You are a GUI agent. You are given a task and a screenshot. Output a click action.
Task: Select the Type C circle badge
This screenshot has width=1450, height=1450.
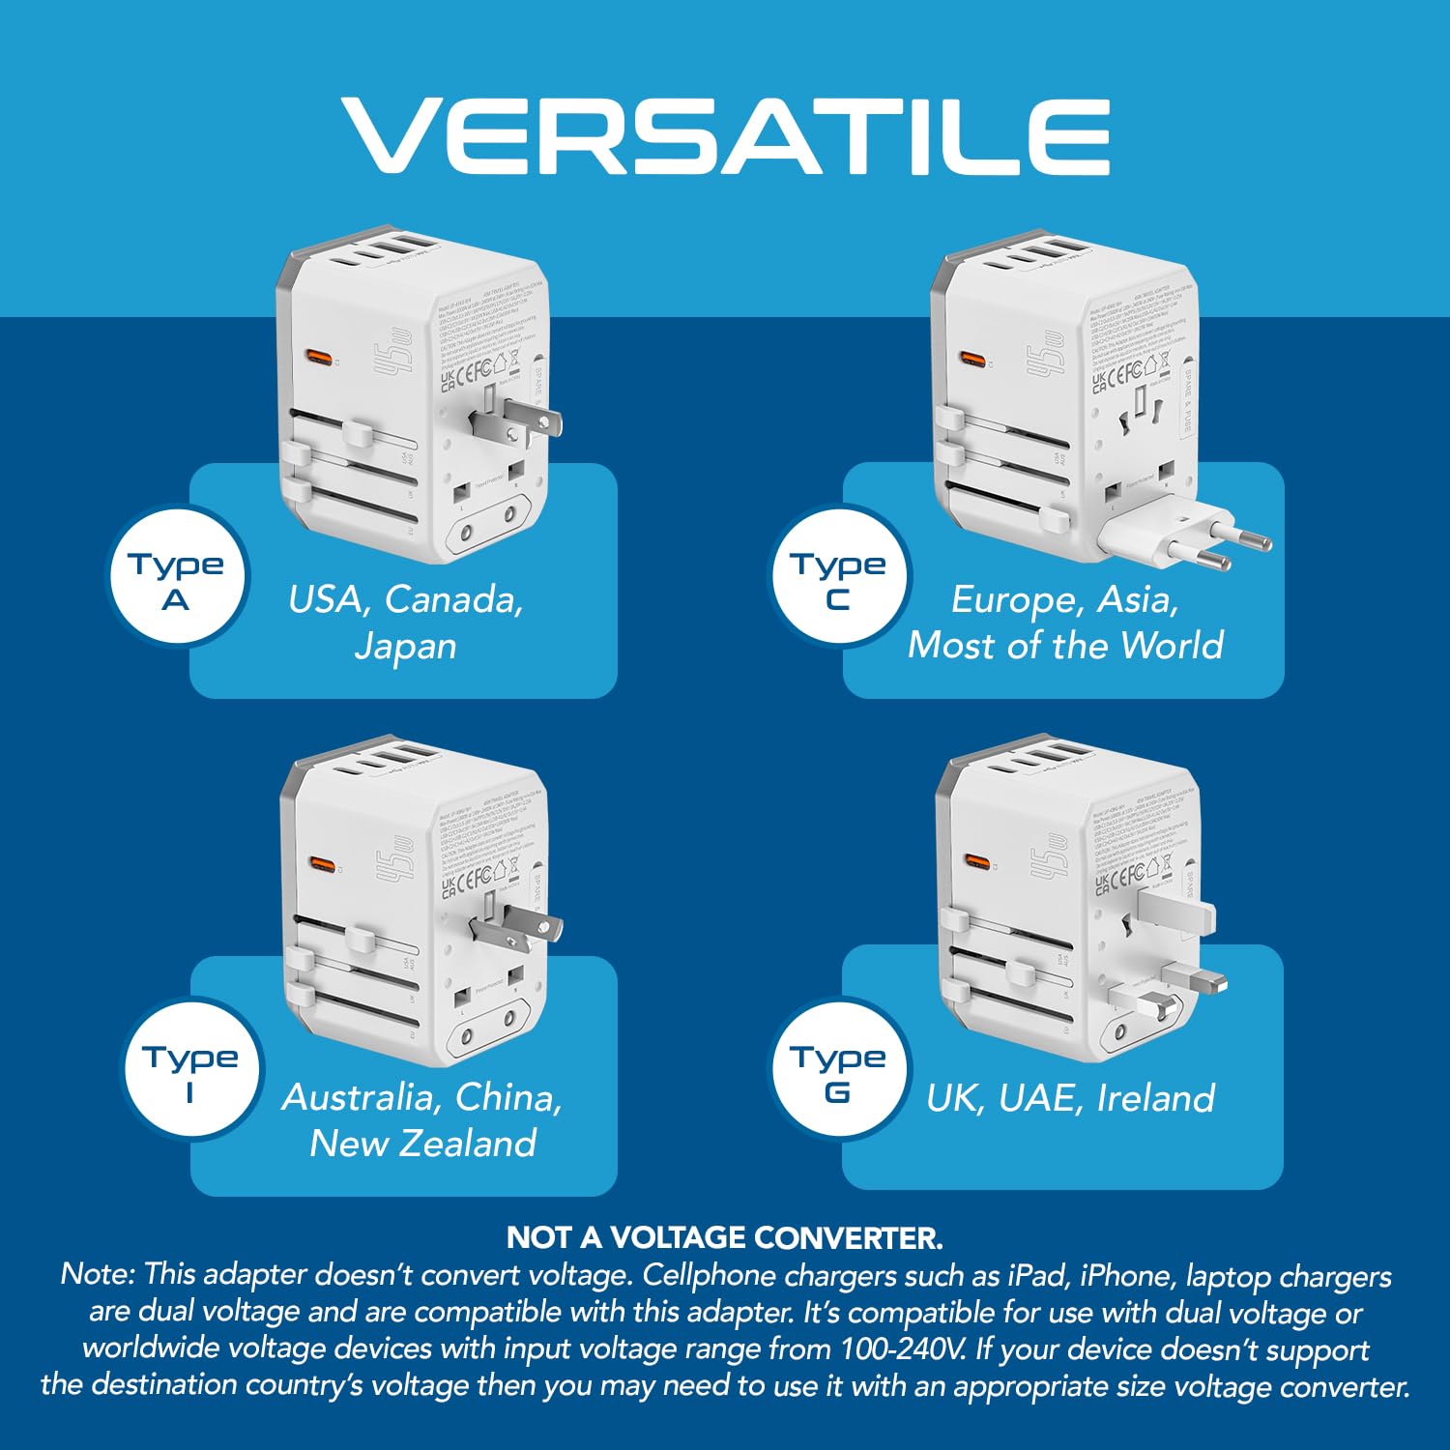[x=839, y=578]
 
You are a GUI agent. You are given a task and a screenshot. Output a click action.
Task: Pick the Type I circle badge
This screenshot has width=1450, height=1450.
[x=190, y=1071]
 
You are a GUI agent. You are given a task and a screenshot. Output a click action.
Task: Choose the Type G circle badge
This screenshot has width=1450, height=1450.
[x=839, y=1071]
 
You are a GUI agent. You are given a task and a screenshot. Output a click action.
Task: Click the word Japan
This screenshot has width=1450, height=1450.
[x=405, y=647]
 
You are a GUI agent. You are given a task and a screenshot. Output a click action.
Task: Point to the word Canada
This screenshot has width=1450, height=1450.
[x=453, y=600]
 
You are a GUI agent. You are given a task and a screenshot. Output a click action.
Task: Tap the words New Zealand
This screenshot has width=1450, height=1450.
[x=423, y=1144]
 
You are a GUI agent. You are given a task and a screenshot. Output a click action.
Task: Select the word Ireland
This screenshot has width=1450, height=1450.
[x=1156, y=1099]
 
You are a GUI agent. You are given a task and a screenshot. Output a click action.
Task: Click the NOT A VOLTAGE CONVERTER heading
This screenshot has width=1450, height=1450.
[x=725, y=1237]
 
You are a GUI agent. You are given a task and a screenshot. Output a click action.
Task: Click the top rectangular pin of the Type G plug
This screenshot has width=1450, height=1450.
[x=1175, y=910]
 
